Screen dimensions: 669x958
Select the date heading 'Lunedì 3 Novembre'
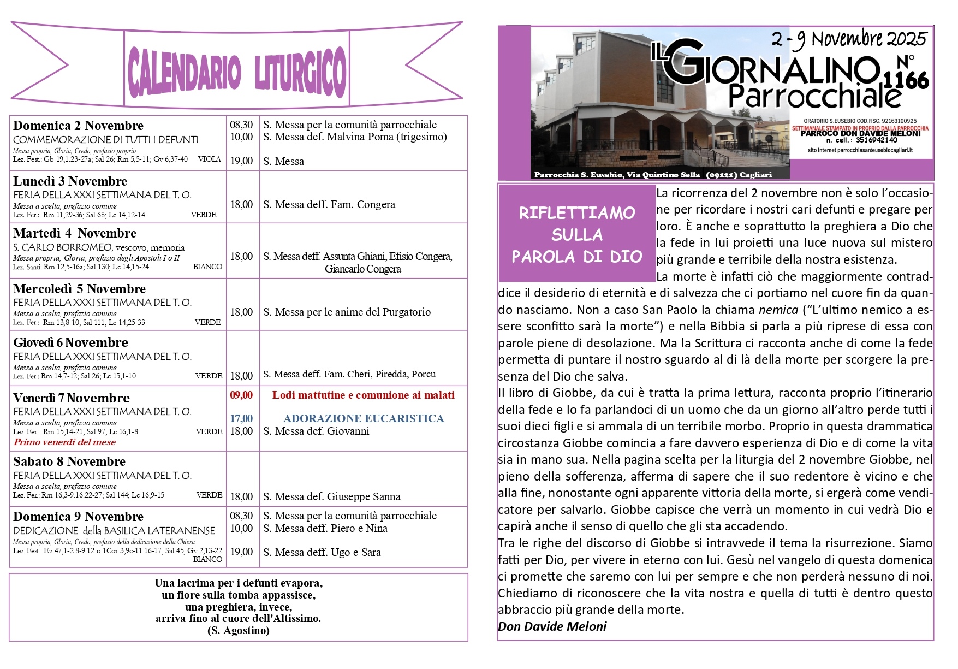70,181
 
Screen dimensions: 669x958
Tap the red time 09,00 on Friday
241,395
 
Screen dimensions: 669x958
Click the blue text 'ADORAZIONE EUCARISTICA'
364,418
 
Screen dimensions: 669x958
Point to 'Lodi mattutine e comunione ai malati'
363,395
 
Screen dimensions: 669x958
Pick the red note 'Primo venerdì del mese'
64,442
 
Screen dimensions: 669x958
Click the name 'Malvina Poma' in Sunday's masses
360,137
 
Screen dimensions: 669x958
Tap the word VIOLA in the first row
209,159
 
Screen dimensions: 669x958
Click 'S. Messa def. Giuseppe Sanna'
331,496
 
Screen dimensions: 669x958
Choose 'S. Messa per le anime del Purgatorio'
347,312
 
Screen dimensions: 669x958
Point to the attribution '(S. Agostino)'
239,630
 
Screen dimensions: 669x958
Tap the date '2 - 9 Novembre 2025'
849,38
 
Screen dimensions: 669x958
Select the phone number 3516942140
877,140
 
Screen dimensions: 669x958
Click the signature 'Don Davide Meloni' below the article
552,626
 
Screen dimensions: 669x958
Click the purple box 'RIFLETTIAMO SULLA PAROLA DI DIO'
576,234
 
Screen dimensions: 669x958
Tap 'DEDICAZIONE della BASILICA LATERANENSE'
114,530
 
